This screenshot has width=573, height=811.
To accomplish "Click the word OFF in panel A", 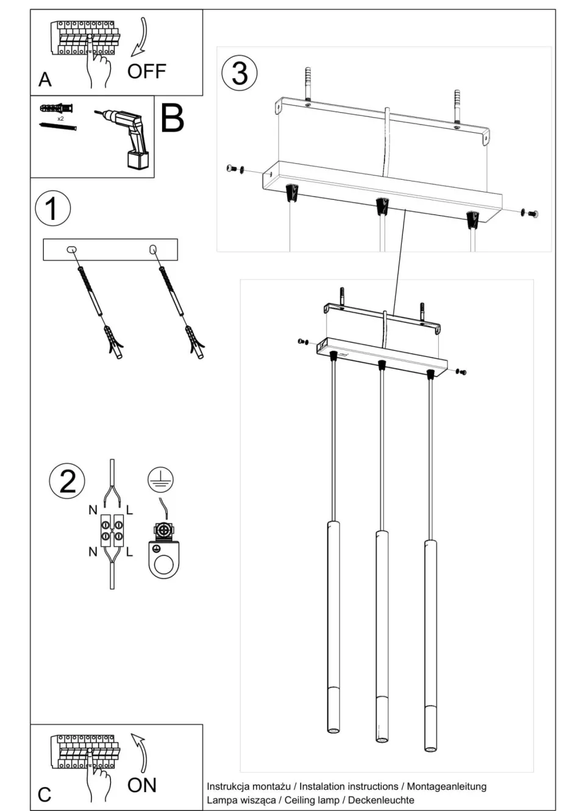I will tap(146, 71).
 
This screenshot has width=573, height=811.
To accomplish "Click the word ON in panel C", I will tap(141, 785).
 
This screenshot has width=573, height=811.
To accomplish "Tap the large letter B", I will tap(172, 118).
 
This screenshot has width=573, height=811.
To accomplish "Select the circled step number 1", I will tap(52, 208).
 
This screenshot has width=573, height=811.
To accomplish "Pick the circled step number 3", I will tap(240, 73).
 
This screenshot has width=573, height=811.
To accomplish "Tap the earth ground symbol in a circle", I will tap(161, 480).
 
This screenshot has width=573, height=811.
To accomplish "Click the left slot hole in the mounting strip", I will tap(72, 249).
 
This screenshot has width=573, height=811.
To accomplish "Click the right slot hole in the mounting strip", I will tap(152, 249).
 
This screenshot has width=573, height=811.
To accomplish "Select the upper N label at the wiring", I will tap(93, 510).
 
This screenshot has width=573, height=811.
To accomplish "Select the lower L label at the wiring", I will tap(130, 552).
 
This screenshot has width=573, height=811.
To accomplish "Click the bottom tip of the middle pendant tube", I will tap(382, 739).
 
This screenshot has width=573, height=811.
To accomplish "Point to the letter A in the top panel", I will tap(45, 80).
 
